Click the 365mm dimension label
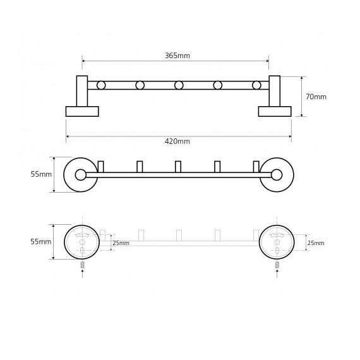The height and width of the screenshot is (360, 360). pos(177,56)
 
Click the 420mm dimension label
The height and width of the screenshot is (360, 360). pos(177,141)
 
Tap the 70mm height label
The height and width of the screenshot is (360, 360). pos(316,97)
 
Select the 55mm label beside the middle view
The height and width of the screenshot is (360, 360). pos(41,174)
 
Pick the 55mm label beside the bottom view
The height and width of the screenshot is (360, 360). pos(41,241)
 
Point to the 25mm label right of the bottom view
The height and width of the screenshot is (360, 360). pos(316,243)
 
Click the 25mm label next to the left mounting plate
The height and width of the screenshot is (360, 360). pos(121,243)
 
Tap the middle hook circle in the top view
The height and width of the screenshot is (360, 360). pos(179,85)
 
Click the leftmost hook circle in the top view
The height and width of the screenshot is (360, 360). pos(101,85)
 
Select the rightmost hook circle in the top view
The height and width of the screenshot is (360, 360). pos(256,85)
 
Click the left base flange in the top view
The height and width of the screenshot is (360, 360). pos(82,111)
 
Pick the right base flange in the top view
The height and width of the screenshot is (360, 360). pos(275,111)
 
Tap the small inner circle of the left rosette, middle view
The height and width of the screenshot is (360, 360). pos(81,175)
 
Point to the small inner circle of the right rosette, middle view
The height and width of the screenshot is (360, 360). pos(277,175)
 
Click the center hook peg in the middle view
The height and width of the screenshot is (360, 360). pos(178,167)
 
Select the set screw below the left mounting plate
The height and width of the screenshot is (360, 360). pos(83,265)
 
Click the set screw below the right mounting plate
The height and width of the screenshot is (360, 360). pos(277,265)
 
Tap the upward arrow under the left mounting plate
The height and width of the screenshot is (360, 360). pos(83,274)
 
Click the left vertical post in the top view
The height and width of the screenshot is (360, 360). pos(82,91)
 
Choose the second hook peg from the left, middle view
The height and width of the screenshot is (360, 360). pos(140,167)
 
